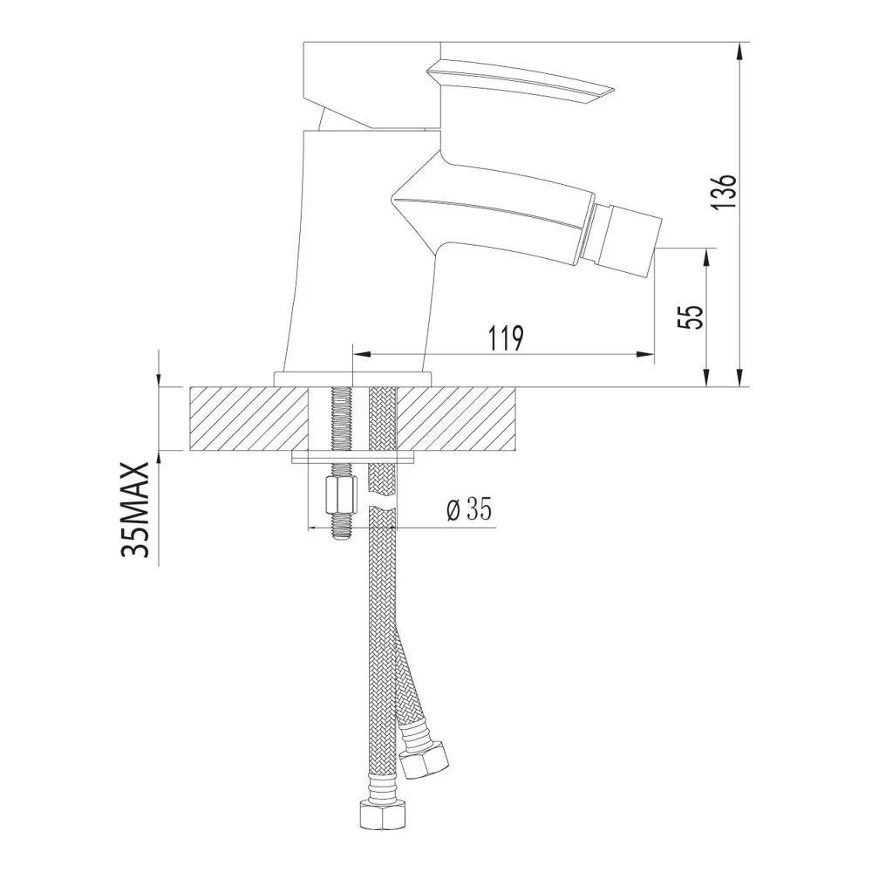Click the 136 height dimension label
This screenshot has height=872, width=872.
[x=726, y=191]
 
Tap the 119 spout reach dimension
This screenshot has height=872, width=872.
[x=506, y=338]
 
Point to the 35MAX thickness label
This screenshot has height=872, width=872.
[x=135, y=509]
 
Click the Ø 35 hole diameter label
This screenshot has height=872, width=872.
[x=469, y=508]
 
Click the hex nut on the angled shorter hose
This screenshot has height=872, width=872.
[x=426, y=762]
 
